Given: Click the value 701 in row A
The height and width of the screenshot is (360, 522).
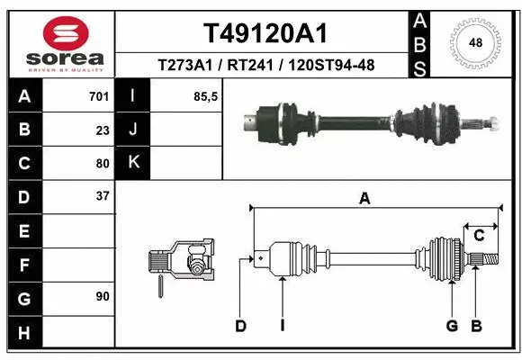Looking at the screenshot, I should (98, 96).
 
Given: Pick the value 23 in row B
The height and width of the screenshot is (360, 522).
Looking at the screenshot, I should (103, 130).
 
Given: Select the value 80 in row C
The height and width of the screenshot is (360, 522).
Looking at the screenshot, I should (103, 163).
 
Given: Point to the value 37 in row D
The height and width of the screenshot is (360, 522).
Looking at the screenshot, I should (103, 195).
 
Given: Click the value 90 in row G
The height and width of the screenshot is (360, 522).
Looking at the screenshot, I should (103, 295).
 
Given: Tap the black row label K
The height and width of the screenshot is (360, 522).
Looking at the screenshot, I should (133, 163).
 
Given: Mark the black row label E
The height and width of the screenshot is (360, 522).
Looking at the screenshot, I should (23, 230).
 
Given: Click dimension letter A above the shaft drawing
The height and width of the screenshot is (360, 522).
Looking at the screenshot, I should (364, 199).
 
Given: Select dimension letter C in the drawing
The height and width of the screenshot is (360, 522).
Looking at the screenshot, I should (480, 236).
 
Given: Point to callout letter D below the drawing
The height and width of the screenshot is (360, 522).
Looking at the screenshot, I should (240, 326).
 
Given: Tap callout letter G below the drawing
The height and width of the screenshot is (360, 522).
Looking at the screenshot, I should (452, 326).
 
